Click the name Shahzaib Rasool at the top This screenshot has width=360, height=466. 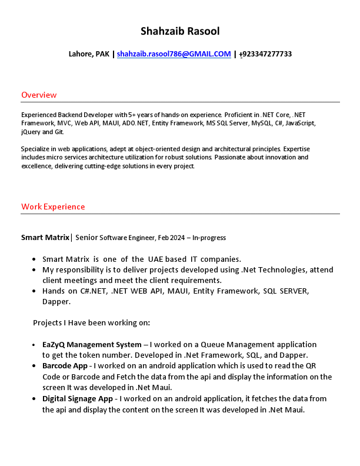(x=180, y=31)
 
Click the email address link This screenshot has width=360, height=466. (x=174, y=54)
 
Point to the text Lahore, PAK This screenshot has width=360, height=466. (x=89, y=54)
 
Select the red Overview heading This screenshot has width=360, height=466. (x=39, y=95)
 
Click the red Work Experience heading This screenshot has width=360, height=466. (x=53, y=207)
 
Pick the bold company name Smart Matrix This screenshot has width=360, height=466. (x=45, y=238)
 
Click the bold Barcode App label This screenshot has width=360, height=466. (x=65, y=366)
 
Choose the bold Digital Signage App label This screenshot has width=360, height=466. (x=78, y=399)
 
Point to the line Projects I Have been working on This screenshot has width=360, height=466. (x=91, y=322)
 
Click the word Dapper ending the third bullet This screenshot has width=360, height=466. (x=56, y=302)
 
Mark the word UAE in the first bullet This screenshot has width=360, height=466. (x=157, y=259)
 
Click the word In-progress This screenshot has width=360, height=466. (x=209, y=238)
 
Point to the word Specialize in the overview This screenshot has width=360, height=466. (x=35, y=149)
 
